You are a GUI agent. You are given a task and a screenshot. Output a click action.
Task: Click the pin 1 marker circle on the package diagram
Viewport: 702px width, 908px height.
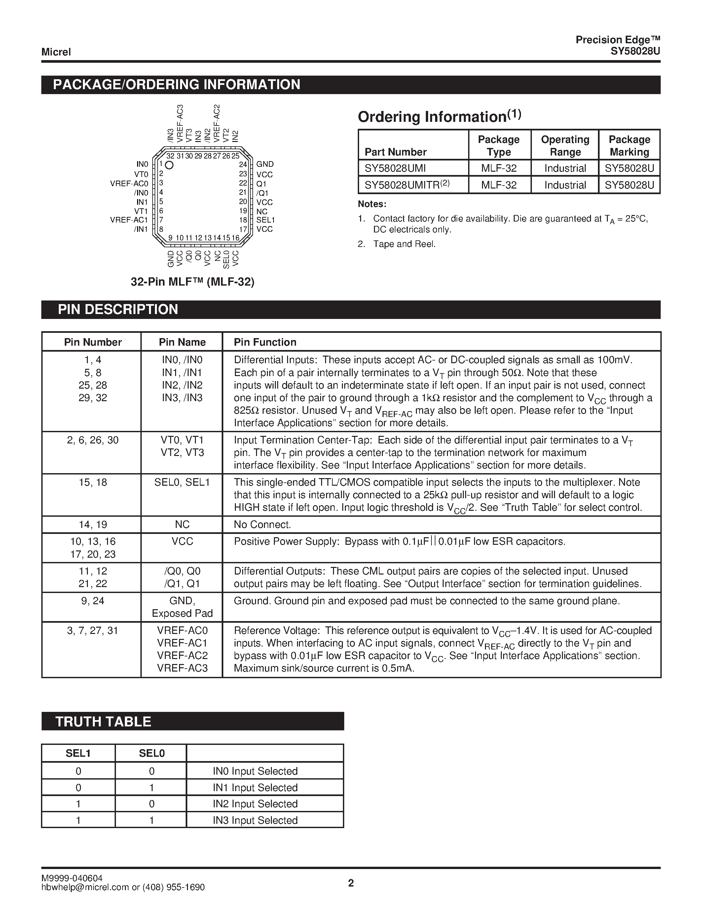tap(169, 165)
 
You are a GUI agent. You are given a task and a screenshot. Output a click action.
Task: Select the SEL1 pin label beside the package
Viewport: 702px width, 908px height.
tap(265, 220)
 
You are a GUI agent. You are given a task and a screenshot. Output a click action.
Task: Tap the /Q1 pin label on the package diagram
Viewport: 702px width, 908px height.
tap(262, 193)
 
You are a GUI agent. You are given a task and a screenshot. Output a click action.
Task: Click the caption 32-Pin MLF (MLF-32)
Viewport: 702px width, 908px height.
tap(193, 282)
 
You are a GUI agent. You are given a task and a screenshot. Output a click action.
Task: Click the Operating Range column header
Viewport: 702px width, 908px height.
tap(565, 146)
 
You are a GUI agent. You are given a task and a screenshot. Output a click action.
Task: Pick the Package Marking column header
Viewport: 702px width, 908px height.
tap(629, 146)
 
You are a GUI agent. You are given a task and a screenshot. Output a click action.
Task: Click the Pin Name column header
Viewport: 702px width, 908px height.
tap(182, 342)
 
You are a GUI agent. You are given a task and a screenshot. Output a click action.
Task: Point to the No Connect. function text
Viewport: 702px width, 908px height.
tap(262, 525)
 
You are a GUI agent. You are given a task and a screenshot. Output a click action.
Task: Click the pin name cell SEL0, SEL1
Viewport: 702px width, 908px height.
tap(182, 482)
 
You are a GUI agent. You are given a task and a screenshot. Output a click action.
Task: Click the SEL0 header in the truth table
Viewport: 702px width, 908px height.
tap(151, 753)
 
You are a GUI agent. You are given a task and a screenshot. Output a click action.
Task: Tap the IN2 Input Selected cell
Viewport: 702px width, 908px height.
tap(255, 804)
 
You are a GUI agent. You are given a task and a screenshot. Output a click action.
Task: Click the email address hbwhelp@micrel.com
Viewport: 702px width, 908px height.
tap(85, 887)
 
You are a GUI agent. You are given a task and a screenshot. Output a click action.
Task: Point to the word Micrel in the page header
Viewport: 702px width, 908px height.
tap(56, 52)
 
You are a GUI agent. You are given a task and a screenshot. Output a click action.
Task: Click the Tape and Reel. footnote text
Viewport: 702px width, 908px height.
tap(404, 244)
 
